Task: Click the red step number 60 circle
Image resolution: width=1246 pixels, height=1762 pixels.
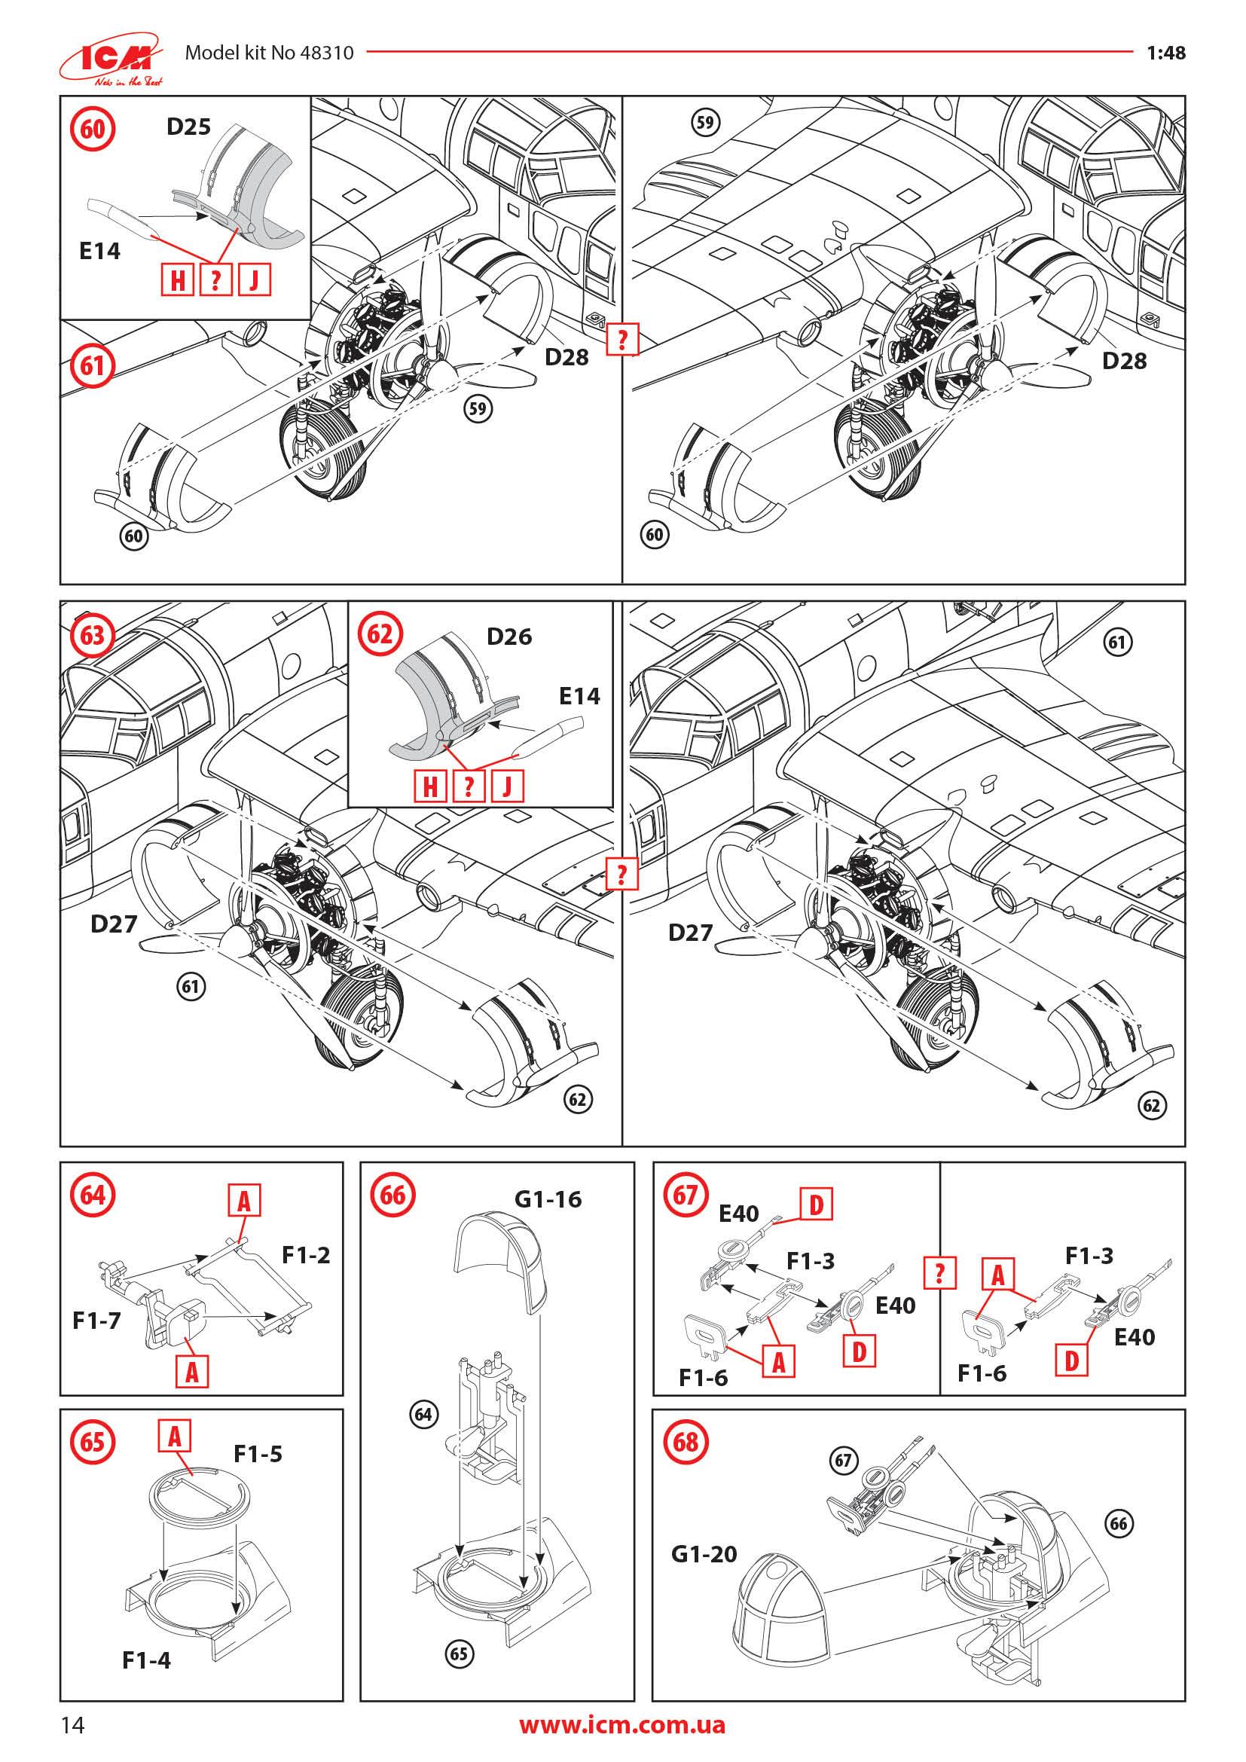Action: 92,128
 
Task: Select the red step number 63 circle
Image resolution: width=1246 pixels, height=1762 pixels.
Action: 92,636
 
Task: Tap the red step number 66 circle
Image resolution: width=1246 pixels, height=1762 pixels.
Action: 392,1195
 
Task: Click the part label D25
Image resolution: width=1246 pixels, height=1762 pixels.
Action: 189,126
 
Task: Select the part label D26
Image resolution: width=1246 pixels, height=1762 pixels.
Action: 508,637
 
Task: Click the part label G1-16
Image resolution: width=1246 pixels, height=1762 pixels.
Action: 548,1199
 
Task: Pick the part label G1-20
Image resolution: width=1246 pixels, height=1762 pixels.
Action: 704,1554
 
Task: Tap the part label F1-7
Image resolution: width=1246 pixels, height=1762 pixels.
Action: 96,1321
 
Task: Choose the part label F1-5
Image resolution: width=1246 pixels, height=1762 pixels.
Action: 258,1453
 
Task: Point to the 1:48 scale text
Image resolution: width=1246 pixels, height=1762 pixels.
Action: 1165,53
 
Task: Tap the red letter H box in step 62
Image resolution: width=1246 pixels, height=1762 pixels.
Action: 430,786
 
